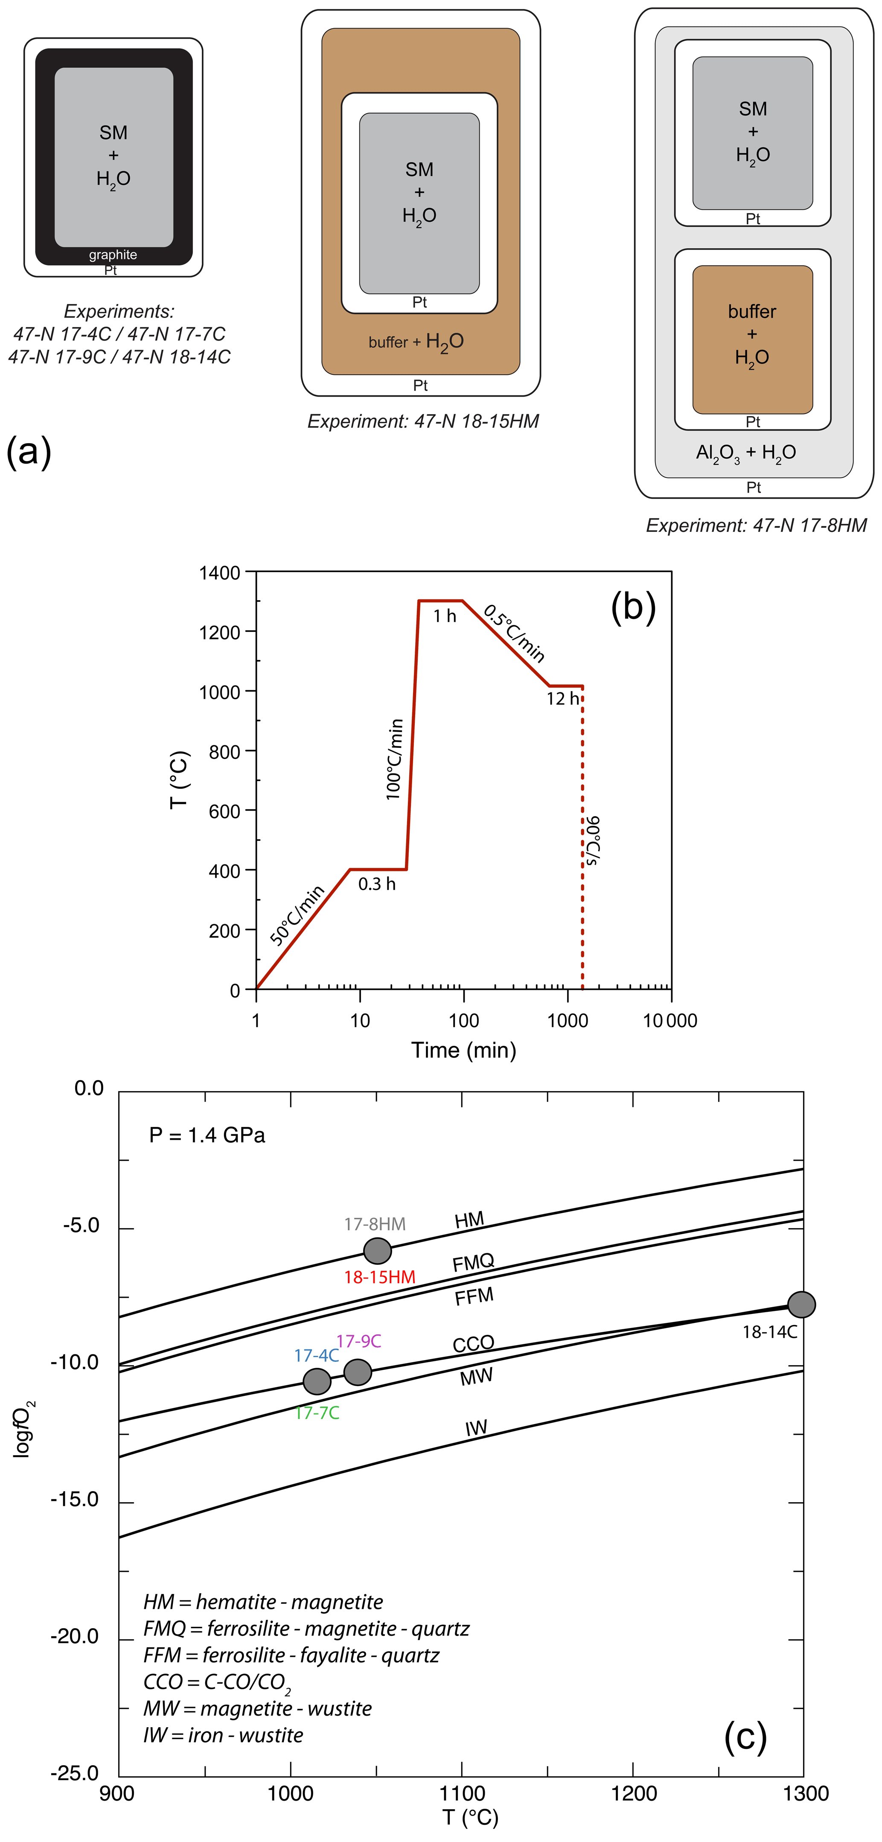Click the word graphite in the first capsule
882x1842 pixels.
click(x=113, y=254)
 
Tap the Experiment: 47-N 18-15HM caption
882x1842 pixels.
click(x=423, y=421)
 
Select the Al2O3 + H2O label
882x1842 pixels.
click(x=745, y=452)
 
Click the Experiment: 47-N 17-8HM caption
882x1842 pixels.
click(x=756, y=525)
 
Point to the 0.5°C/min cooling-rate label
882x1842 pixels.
click(x=515, y=633)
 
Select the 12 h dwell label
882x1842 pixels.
click(x=562, y=699)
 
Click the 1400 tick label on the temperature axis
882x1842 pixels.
click(x=219, y=573)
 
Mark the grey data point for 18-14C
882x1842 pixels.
click(x=801, y=1304)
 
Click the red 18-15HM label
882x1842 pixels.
click(x=379, y=1277)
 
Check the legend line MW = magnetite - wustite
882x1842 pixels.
click(x=257, y=1708)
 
